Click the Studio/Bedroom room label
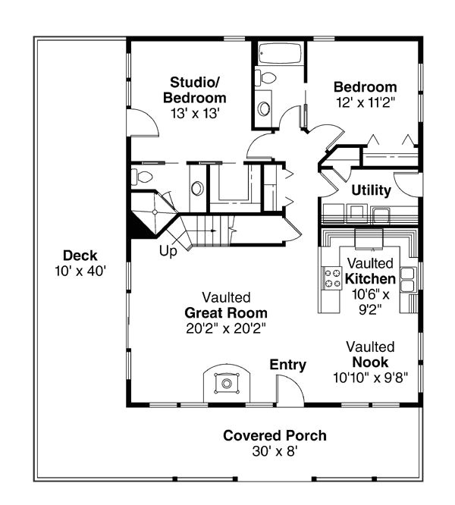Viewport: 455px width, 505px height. (194, 90)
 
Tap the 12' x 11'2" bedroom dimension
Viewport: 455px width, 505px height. (366, 102)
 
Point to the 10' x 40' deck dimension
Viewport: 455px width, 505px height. (80, 271)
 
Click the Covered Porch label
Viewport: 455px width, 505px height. (275, 435)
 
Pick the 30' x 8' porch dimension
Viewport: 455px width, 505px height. (275, 451)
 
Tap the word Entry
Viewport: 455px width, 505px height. (288, 365)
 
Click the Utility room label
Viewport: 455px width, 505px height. (372, 190)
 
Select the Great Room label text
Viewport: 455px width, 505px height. (226, 312)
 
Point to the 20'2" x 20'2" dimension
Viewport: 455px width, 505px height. (226, 328)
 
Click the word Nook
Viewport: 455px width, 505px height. (370, 362)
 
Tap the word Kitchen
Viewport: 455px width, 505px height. (370, 279)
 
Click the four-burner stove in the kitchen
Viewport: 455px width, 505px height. (332, 278)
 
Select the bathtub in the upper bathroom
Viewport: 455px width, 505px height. (280, 54)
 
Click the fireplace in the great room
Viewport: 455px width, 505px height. (227, 383)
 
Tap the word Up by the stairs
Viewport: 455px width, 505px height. (168, 251)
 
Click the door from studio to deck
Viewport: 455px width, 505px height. (143, 123)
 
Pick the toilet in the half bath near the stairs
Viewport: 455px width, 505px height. (142, 177)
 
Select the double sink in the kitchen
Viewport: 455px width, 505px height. (407, 279)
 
